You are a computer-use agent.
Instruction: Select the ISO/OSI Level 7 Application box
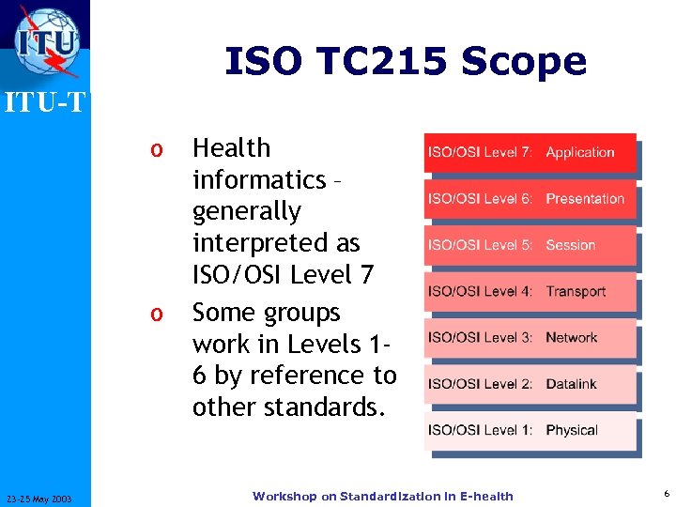[530, 152]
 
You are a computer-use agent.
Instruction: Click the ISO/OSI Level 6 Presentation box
[530, 198]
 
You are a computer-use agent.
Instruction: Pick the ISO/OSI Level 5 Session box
[530, 245]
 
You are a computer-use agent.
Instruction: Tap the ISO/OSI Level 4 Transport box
[530, 291]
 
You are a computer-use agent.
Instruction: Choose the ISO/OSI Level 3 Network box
[530, 337]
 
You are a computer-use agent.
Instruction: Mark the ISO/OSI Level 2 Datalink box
[530, 383]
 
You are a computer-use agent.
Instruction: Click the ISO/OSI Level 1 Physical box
[530, 430]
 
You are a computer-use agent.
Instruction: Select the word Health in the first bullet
[231, 148]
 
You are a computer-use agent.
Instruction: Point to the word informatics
[258, 179]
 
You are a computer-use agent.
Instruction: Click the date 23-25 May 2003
[45, 498]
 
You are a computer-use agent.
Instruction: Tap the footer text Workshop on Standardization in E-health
[382, 496]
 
